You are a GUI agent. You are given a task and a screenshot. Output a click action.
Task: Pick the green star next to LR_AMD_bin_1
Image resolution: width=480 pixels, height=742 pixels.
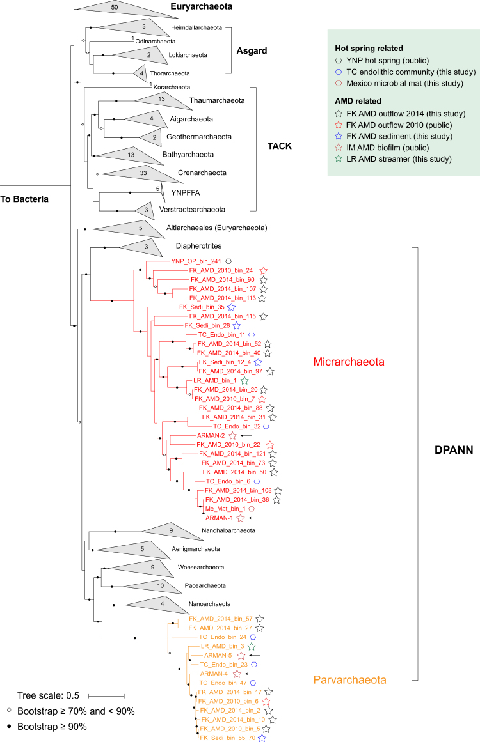[244, 380]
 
